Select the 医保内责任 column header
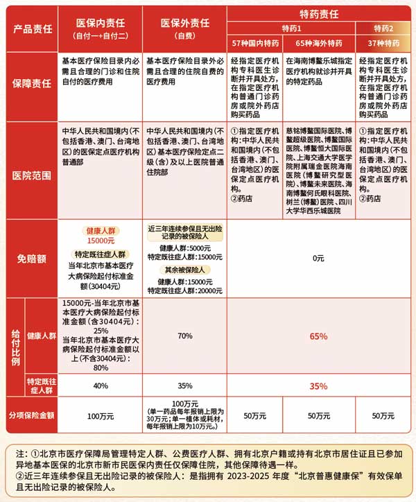coord(101,26)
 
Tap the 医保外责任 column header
coord(184,26)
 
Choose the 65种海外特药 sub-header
coord(319,44)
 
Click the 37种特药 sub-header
coord(383,44)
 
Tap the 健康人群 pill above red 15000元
coord(101,230)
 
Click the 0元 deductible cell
coord(319,259)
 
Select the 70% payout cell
coord(184,336)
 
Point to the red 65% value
coord(319,336)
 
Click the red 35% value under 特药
coord(319,386)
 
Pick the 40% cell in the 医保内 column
coord(101,386)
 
